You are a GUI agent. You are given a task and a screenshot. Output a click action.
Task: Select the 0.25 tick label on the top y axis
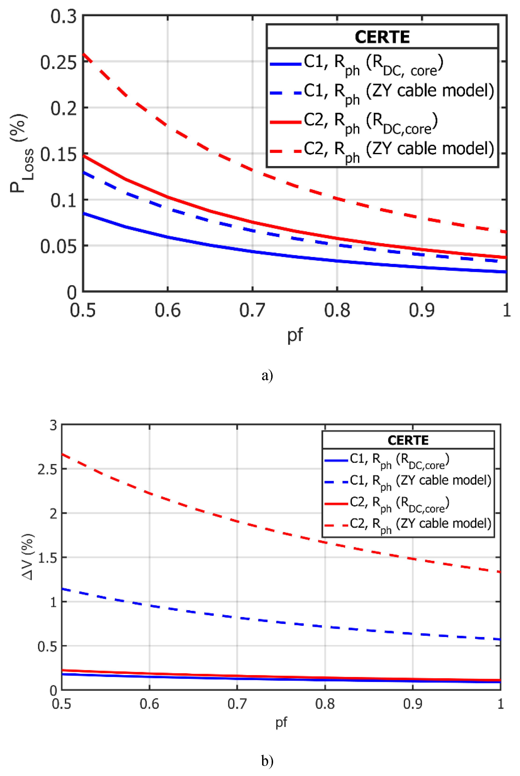(58, 62)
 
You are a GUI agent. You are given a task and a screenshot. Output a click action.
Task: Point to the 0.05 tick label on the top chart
(58, 246)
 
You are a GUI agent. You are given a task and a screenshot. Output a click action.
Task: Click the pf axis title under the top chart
(295, 335)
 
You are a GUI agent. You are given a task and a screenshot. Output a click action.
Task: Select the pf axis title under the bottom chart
(281, 722)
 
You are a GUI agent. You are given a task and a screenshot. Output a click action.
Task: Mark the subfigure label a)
(267, 376)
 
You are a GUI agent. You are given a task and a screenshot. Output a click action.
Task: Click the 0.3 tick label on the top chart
(64, 17)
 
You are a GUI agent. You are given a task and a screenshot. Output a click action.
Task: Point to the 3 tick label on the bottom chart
(54, 425)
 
